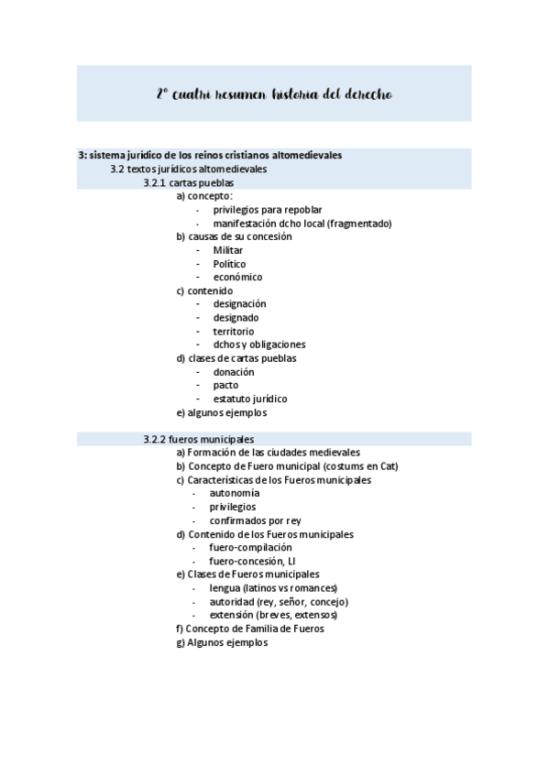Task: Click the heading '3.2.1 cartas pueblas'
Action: (x=189, y=182)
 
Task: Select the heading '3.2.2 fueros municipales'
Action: (x=199, y=439)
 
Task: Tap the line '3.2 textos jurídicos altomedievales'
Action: (x=189, y=170)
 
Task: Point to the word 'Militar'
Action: (x=228, y=250)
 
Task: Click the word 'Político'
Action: (x=229, y=264)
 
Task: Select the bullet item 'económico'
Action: (x=237, y=277)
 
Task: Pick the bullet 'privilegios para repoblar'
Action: (x=267, y=210)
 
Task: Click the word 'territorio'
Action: (x=234, y=331)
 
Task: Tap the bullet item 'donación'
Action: (x=234, y=372)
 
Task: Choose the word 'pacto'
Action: (x=226, y=385)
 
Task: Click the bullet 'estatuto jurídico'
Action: (x=249, y=399)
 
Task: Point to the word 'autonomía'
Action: (x=234, y=493)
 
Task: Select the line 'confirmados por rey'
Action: (x=255, y=520)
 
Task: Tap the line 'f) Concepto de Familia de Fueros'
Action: (x=249, y=629)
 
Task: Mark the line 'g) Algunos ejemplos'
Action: (x=222, y=642)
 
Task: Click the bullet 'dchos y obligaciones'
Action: (x=258, y=345)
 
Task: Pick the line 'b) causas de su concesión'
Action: (x=234, y=236)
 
